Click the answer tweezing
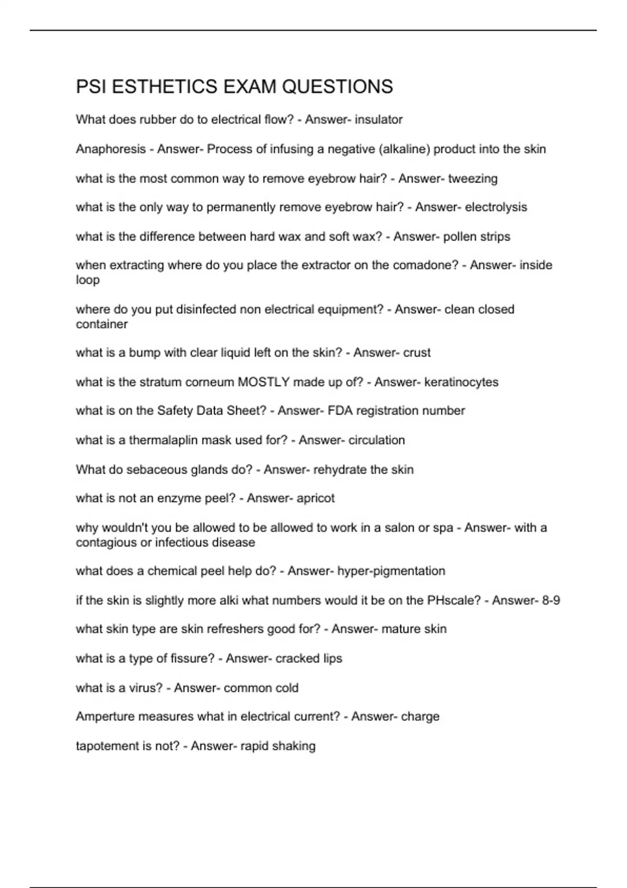coord(473,179)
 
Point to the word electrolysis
coord(496,207)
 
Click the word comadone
coord(425,265)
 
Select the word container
coord(102,324)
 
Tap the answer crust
coord(417,353)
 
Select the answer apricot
coord(316,498)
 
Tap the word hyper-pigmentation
coord(391,571)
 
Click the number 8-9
coord(551,601)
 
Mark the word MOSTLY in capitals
coord(263,382)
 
